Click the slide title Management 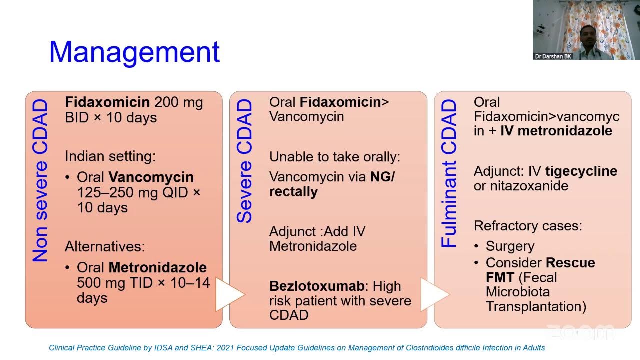click(134, 52)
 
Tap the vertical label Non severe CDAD click(40, 180)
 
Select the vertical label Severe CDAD click(244, 161)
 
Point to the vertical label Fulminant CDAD click(449, 173)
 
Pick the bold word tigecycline click(581, 171)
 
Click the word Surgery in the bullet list click(510, 246)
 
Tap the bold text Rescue click(570, 263)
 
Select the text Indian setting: click(110, 156)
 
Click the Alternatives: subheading click(105, 246)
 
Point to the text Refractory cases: click(528, 226)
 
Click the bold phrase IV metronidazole click(556, 131)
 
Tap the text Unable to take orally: click(335, 157)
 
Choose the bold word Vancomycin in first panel click(151, 177)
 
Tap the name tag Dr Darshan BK click(553, 56)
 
